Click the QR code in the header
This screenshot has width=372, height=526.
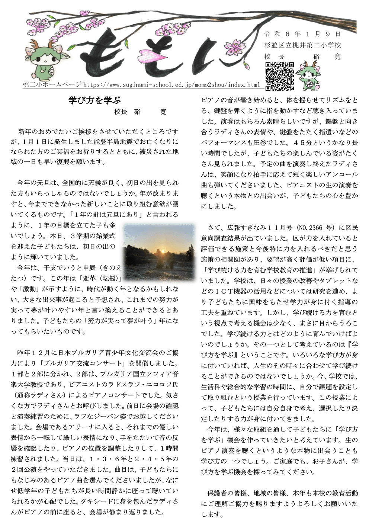(279, 76)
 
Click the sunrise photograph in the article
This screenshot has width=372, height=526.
(159, 247)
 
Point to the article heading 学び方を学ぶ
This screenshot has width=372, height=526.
(94, 100)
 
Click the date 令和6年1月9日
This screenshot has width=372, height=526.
(302, 34)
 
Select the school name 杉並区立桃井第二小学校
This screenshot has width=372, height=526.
(302, 45)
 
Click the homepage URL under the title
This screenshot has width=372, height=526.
(171, 85)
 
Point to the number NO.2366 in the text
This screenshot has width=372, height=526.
(311, 227)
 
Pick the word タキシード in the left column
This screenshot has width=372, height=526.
(103, 501)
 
